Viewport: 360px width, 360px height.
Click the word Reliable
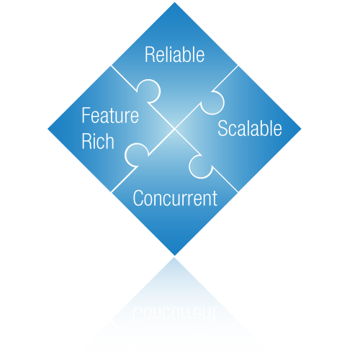tap(174, 55)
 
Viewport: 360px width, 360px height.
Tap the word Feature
tap(110, 115)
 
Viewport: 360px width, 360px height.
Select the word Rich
tap(98, 141)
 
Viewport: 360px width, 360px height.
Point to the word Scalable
tap(250, 128)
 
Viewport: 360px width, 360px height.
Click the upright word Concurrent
tap(175, 198)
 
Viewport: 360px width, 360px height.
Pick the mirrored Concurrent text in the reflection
tap(174, 314)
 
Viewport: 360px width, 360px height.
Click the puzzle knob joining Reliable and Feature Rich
tap(149, 91)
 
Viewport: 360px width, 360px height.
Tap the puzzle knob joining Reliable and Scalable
tap(212, 103)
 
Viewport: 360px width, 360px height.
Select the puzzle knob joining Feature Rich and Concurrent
tap(136, 155)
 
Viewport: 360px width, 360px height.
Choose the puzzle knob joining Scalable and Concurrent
tap(201, 166)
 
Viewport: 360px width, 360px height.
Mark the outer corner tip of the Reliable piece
tap(174, 2)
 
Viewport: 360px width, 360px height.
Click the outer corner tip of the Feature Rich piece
tap(48, 129)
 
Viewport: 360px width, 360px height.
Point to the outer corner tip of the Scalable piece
tap(301, 129)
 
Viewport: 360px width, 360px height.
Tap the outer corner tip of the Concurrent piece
tap(175, 256)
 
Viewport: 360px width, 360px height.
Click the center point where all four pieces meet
tap(174, 129)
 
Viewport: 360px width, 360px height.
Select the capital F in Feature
tap(86, 115)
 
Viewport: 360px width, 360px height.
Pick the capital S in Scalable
tap(222, 128)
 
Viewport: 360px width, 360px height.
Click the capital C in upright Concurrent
tap(138, 198)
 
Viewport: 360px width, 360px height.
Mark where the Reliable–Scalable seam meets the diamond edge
tap(238, 66)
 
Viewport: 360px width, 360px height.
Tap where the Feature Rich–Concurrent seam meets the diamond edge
tap(112, 192)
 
